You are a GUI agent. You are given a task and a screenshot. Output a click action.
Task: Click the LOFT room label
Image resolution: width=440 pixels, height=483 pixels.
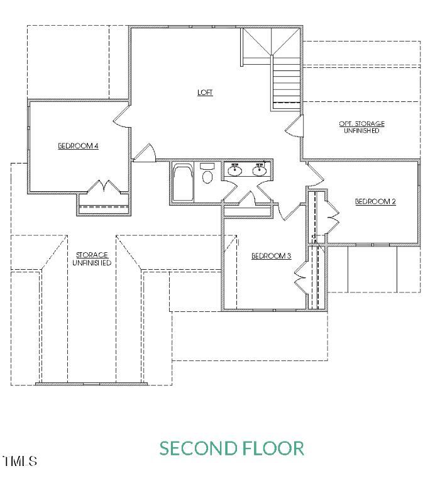coord(205,92)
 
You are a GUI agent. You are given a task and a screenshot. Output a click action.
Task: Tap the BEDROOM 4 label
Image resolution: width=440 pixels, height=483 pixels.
coord(79,145)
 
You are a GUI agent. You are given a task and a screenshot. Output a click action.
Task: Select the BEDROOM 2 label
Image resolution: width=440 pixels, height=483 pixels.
coord(375,201)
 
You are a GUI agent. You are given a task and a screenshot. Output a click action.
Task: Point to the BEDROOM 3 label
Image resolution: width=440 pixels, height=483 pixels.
coord(271,255)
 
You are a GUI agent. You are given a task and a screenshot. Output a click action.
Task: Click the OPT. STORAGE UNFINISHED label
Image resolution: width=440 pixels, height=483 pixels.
coord(361,127)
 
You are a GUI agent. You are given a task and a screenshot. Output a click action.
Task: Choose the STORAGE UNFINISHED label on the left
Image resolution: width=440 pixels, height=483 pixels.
coord(92,258)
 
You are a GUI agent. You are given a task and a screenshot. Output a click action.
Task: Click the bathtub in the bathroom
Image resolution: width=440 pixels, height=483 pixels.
coord(183,183)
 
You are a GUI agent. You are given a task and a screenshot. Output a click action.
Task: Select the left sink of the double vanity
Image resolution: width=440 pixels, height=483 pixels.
coord(235,170)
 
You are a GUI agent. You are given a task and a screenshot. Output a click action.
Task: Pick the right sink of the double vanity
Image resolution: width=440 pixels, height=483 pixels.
coord(259,170)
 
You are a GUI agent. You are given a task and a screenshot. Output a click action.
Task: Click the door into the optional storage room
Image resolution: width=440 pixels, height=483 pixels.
coord(293,128)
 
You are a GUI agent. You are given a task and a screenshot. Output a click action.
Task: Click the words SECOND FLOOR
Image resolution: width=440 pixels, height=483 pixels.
coord(231,448)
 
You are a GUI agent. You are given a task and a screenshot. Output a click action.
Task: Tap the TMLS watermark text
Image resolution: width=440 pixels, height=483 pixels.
coord(20,462)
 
